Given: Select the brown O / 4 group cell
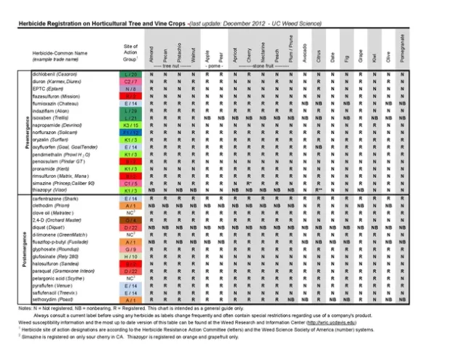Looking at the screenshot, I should [x=131, y=220].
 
